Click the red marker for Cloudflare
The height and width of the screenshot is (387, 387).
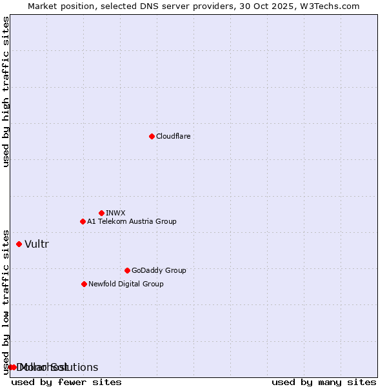(x=152, y=136)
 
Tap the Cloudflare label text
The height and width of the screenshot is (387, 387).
(x=174, y=137)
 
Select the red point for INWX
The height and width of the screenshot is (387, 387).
(x=101, y=213)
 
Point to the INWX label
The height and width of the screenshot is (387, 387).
(x=115, y=213)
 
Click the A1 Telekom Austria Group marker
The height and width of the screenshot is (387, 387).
(x=83, y=221)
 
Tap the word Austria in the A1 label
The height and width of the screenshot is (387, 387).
(x=135, y=222)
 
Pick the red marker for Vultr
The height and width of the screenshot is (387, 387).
(x=19, y=244)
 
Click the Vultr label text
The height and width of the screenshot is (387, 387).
(x=37, y=244)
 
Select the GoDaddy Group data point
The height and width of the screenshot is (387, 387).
(x=127, y=270)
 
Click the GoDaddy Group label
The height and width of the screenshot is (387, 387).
(x=159, y=271)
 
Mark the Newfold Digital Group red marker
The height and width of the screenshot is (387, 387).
(x=84, y=284)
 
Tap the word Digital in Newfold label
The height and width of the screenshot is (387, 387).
(x=129, y=284)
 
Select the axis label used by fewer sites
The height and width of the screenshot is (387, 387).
(x=66, y=382)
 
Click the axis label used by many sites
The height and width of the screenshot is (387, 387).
(x=324, y=382)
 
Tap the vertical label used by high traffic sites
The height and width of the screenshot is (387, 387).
(x=6, y=92)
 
